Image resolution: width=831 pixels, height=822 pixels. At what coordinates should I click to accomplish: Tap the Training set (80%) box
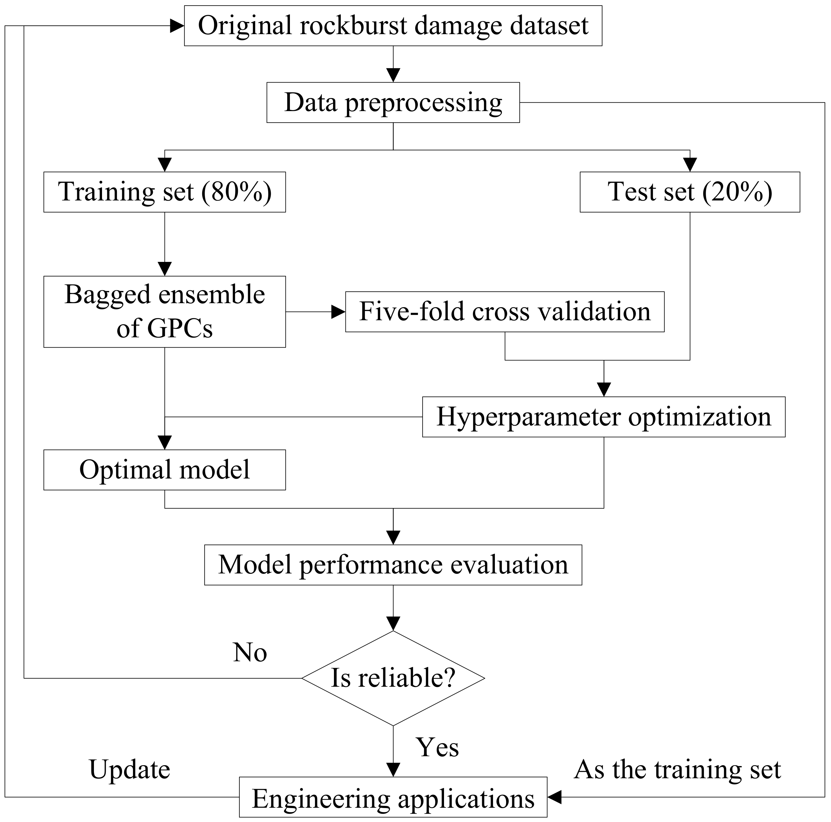[164, 192]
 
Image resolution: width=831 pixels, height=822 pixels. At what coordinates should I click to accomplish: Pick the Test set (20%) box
[690, 192]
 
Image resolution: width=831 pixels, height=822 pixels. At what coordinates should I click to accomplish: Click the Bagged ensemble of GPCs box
[164, 312]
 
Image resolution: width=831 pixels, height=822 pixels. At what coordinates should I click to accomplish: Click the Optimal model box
[164, 469]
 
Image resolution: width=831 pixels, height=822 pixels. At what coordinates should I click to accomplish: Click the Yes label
[437, 748]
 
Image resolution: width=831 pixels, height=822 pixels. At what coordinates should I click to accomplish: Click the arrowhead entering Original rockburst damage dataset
[177, 26]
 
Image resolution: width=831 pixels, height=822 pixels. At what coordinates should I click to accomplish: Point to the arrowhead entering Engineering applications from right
[555, 797]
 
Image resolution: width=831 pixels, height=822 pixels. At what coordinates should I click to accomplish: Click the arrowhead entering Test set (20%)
[690, 165]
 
